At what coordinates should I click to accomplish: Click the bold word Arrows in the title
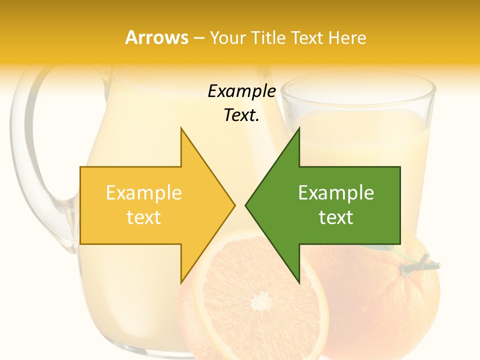[156, 37]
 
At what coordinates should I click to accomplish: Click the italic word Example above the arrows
[241, 91]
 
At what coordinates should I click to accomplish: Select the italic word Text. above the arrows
[241, 115]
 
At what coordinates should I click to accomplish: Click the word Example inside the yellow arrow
[144, 192]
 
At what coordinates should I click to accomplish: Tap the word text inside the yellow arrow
[144, 217]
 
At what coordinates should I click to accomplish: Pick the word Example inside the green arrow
[336, 192]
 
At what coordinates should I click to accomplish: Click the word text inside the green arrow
[336, 217]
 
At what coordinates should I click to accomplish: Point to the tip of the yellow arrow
[233, 205]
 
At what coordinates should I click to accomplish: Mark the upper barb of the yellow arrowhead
[182, 131]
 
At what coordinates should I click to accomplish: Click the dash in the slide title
[198, 38]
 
